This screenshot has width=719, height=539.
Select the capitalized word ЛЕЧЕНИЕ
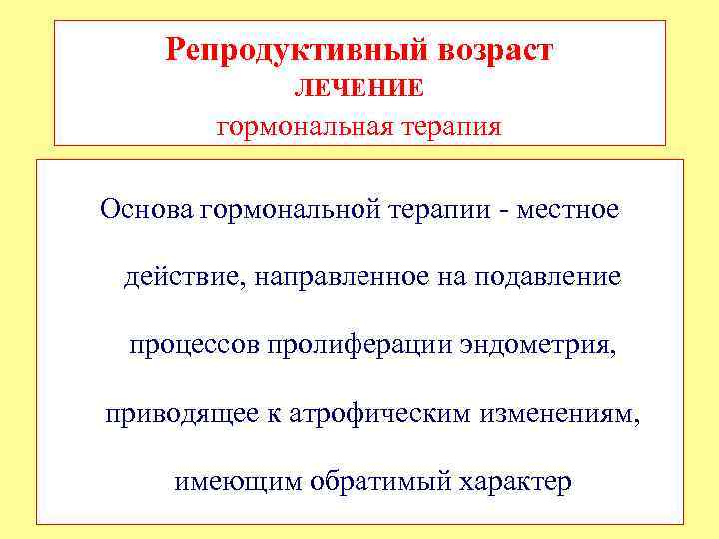[x=359, y=89]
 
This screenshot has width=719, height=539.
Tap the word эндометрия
[x=536, y=346]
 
